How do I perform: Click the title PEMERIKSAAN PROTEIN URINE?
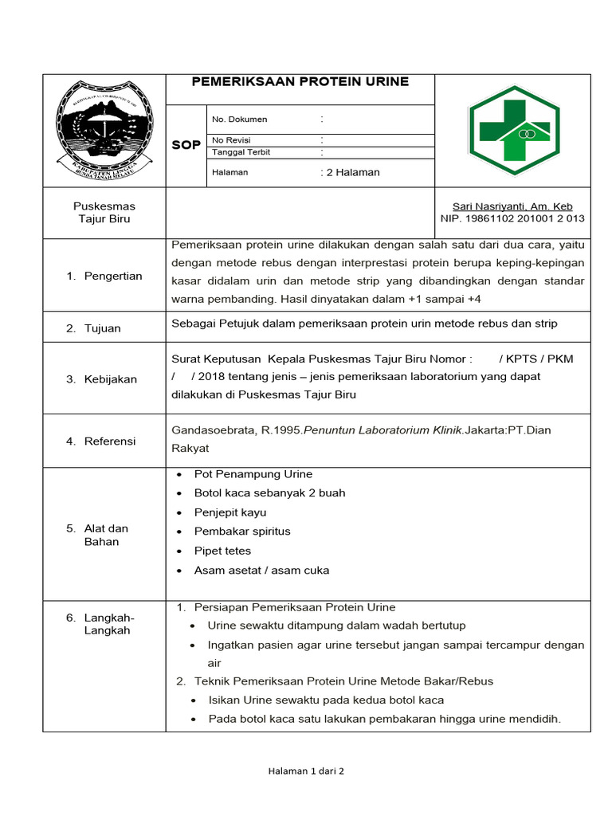coord(300,82)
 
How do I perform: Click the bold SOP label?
coord(186,145)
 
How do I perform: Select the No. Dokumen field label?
coord(239,120)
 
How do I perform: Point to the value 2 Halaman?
coord(350,172)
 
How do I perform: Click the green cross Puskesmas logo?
coord(509,130)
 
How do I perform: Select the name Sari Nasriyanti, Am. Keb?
coord(512,206)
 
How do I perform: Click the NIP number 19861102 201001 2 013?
coord(512,218)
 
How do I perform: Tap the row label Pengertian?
coord(113,277)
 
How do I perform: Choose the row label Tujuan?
coord(103,328)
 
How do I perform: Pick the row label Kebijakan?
coord(111,379)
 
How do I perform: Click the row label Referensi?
coord(110,441)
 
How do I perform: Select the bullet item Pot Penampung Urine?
coord(253,474)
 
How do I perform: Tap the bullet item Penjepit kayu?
coord(230,512)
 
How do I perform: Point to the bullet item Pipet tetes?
coord(222,551)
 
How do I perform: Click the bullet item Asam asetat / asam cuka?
coord(261,571)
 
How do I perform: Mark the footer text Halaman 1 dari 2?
coord(306,771)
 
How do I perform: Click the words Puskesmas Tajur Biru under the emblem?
coord(104,213)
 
